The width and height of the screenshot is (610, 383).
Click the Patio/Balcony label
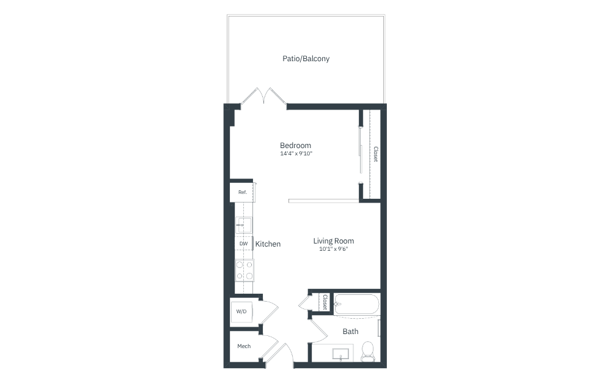coord(306,59)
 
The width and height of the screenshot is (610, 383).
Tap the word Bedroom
coord(295,145)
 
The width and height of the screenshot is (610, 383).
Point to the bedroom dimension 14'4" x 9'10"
coord(296,154)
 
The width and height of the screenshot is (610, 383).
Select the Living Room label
coord(333,241)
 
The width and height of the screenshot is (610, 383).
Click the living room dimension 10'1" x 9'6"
coord(333,249)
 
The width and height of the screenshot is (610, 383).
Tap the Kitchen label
coord(268,244)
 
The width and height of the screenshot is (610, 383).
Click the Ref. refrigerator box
coord(243,192)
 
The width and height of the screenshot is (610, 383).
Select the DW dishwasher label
coord(243,244)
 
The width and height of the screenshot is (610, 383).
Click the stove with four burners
coord(244,270)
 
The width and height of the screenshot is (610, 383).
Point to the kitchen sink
coord(243,225)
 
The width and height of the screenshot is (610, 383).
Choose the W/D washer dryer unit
coord(241,311)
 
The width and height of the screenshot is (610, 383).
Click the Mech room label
coord(244,346)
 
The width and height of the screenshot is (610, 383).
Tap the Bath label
coord(350,332)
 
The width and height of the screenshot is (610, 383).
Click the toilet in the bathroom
coord(367,351)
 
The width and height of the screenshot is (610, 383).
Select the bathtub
coord(356,304)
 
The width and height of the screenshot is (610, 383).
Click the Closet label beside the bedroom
coord(375,154)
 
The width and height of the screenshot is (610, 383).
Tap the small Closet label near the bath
coord(325,302)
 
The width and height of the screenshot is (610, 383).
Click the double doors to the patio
coord(264,97)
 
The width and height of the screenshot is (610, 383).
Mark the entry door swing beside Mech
coord(280,354)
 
